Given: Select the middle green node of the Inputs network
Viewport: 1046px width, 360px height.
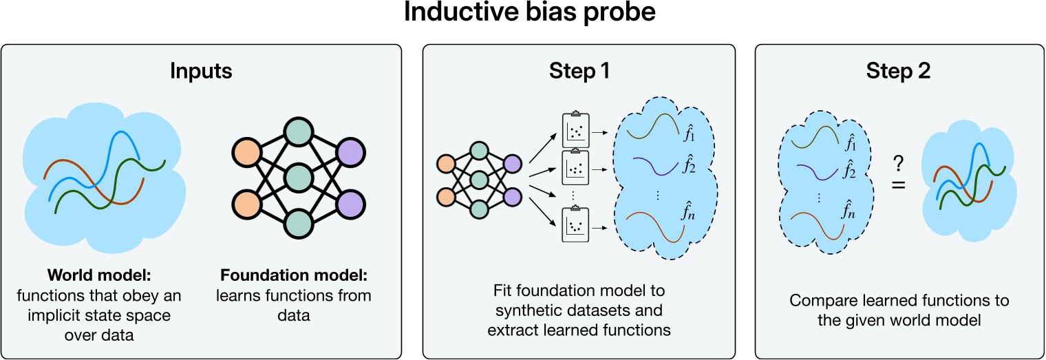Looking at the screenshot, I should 298,177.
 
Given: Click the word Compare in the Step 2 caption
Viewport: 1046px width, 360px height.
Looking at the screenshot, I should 819,301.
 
